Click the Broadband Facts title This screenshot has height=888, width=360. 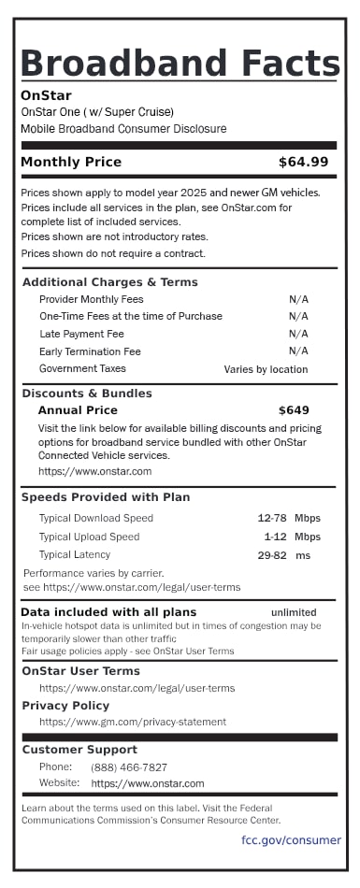pos(180,64)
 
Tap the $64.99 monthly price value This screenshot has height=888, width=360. pos(304,162)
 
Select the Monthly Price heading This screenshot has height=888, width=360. pos(71,162)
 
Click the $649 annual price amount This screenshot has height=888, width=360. pos(294,409)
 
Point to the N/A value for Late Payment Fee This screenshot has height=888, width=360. pos(298,334)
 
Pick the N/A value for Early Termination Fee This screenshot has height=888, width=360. pos(298,351)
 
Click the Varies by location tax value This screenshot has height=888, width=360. pos(266,369)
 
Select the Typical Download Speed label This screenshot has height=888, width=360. pos(95,518)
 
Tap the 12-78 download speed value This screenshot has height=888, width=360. pos(272,518)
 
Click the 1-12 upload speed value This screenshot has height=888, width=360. pos(275,537)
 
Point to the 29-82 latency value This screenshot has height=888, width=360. pos(272,555)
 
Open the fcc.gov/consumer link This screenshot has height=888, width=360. pos(291,840)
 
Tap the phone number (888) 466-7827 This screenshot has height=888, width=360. pos(129,767)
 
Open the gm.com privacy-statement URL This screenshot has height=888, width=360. pos(133,722)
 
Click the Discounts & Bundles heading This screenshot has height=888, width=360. pos(87,394)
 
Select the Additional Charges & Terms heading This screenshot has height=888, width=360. pos(109,282)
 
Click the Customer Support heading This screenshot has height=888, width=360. pos(79,750)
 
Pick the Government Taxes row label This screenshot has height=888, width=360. pos(82,368)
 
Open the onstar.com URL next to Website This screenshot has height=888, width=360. pos(148,783)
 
